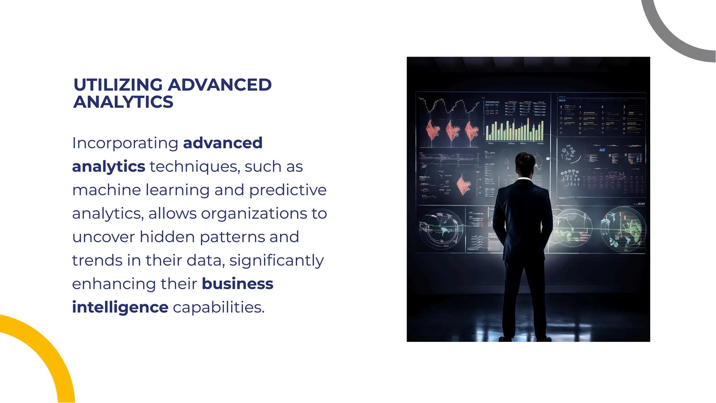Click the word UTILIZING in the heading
pyautogui.click(x=118, y=85)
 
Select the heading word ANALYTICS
pyautogui.click(x=123, y=102)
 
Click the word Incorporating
pyautogui.click(x=125, y=143)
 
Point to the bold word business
pyautogui.click(x=237, y=284)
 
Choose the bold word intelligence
pyautogui.click(x=120, y=307)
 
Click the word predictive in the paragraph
pyautogui.click(x=288, y=190)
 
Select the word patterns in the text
pyautogui.click(x=232, y=237)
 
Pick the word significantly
pyautogui.click(x=277, y=260)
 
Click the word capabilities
pyautogui.click(x=219, y=307)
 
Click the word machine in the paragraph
pyautogui.click(x=107, y=190)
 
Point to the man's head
pyautogui.click(x=524, y=164)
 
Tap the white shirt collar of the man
pyautogui.click(x=524, y=179)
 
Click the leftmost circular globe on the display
pyautogui.click(x=441, y=229)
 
